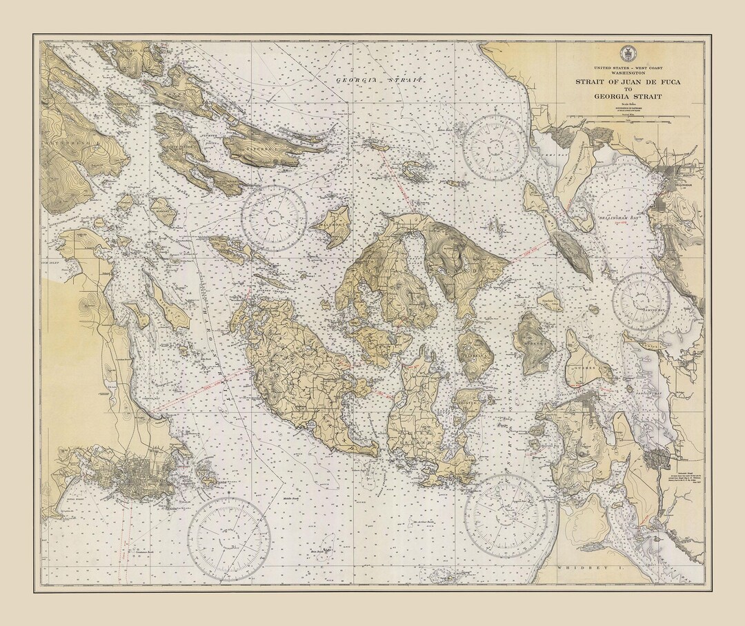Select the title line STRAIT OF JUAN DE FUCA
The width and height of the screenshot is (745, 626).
tap(626, 81)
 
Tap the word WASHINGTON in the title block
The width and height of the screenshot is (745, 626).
tap(626, 72)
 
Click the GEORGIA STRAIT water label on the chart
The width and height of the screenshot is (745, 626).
tap(380, 80)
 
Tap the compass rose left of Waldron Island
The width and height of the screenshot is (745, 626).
tap(274, 217)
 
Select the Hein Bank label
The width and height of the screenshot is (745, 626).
tap(318, 551)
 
